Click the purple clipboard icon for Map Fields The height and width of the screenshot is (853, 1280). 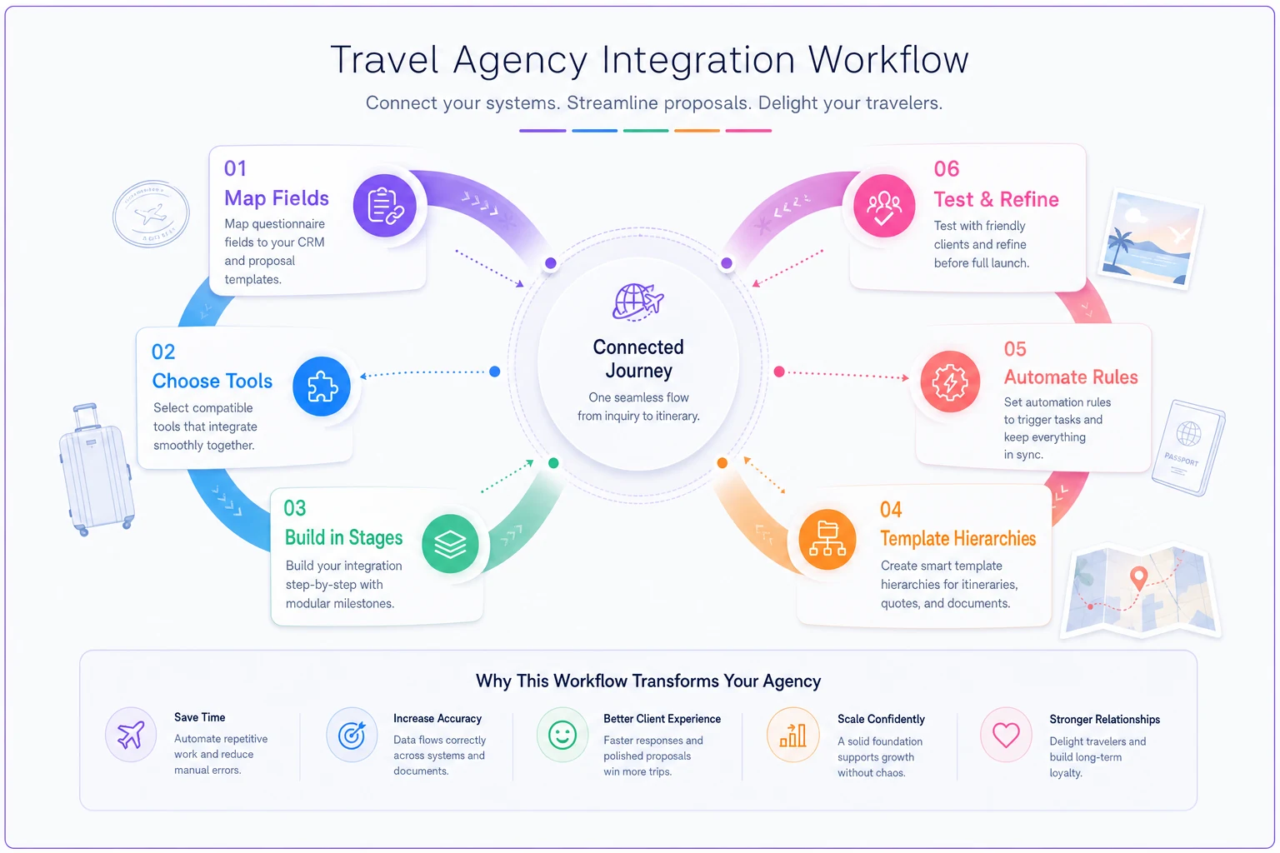(384, 206)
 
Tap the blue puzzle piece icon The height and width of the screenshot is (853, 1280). (322, 387)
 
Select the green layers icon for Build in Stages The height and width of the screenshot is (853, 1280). (450, 543)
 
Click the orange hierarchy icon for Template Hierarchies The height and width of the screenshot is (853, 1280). (827, 539)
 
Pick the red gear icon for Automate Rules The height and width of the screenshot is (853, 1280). (950, 382)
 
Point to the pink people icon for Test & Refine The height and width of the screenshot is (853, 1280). (884, 206)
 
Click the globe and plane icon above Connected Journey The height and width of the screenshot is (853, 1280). (638, 301)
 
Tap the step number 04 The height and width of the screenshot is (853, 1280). (891, 509)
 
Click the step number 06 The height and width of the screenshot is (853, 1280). (947, 169)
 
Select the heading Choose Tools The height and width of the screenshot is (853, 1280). (212, 381)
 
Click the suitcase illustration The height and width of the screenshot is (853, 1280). (96, 470)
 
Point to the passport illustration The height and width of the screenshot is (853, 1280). (1188, 447)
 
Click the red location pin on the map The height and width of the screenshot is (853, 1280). (1139, 578)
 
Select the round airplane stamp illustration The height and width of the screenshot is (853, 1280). (151, 214)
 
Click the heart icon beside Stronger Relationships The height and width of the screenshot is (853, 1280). (1006, 736)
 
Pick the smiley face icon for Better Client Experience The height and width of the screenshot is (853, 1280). (562, 736)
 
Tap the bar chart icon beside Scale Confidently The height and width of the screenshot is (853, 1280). (792, 736)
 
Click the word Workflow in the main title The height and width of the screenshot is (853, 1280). (888, 60)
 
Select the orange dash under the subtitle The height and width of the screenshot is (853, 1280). (697, 131)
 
